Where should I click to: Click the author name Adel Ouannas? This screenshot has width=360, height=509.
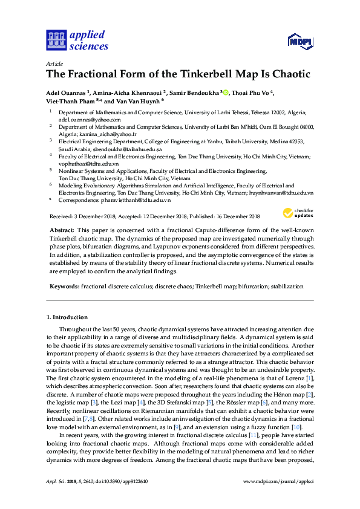[66, 92]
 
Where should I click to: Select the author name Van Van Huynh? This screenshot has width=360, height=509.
[139, 101]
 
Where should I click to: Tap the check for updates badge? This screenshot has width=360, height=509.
[296, 213]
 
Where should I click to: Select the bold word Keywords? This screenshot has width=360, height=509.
[64, 285]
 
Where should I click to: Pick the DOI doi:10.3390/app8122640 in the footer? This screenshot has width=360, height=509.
[120, 481]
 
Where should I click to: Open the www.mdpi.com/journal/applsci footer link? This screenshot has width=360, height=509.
[278, 481]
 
